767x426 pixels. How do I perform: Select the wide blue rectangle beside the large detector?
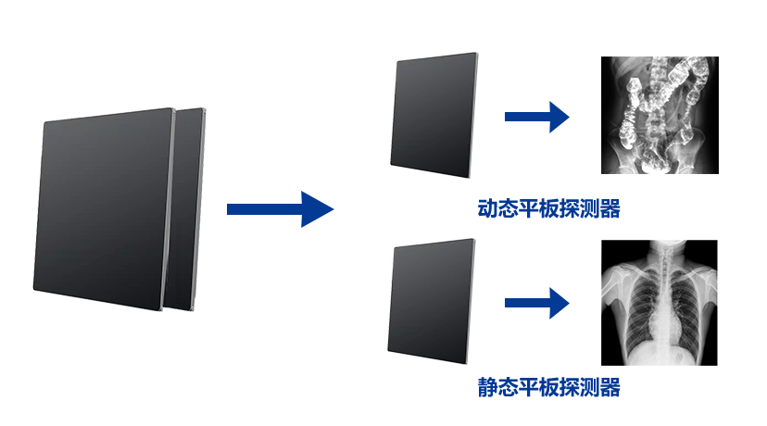coord(281,209)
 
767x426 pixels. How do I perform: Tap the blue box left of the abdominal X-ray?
coord(537,117)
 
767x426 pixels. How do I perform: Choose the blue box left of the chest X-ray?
coord(537,303)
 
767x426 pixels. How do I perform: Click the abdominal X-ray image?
coord(659,115)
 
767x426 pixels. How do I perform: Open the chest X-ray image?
coord(659,302)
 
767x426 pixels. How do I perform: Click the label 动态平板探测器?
coord(548,208)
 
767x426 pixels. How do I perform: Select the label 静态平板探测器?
coord(548,387)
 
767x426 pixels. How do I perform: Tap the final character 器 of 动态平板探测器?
coord(610,208)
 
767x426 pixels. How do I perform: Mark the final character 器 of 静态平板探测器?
coord(610,387)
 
